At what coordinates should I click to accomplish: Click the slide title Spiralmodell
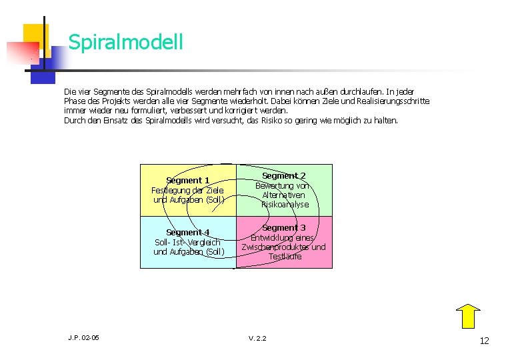pos(125,43)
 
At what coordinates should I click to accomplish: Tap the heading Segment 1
pos(188,180)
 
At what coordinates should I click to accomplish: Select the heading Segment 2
pos(283,175)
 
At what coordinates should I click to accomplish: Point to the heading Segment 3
pos(283,228)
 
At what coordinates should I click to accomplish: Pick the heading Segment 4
pos(188,232)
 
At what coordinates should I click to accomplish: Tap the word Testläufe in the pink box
pos(285,256)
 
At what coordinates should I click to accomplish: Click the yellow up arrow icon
pos(469,316)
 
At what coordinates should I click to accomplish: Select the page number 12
pos(484,341)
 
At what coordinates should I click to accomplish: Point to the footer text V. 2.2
pos(257,339)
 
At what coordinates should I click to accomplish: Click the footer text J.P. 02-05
pos(83,338)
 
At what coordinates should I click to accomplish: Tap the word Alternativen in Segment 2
pos(283,195)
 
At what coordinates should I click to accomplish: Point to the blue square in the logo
pos(43,71)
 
